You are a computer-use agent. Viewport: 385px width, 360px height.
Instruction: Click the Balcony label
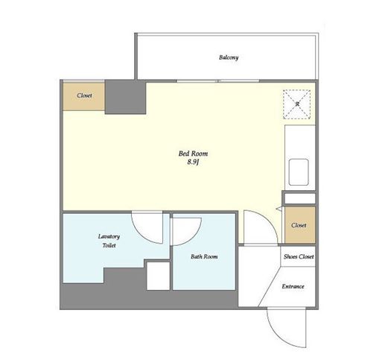(229, 57)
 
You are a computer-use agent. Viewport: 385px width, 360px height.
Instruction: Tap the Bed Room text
(193, 154)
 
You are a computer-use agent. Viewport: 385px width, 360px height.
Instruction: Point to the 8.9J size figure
(194, 162)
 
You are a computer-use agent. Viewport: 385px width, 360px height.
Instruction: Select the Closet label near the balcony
(84, 95)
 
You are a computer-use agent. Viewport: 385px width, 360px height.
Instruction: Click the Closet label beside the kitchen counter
(299, 225)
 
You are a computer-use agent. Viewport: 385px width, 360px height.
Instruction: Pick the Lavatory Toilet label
(109, 241)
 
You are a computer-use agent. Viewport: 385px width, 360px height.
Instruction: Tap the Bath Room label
(204, 256)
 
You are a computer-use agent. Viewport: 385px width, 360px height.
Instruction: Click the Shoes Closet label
(299, 256)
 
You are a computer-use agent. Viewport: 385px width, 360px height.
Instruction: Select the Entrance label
(293, 286)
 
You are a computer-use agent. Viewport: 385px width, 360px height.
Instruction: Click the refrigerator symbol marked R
(297, 104)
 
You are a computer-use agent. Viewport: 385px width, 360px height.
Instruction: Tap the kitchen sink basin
(299, 172)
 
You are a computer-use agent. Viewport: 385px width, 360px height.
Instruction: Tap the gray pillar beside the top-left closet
(125, 97)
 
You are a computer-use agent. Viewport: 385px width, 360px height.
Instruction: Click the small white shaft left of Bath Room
(158, 276)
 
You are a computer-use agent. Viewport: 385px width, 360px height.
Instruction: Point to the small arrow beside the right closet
(279, 209)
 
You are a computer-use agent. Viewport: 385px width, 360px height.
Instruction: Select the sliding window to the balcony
(218, 81)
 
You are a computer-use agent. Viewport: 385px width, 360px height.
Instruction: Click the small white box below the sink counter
(300, 198)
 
